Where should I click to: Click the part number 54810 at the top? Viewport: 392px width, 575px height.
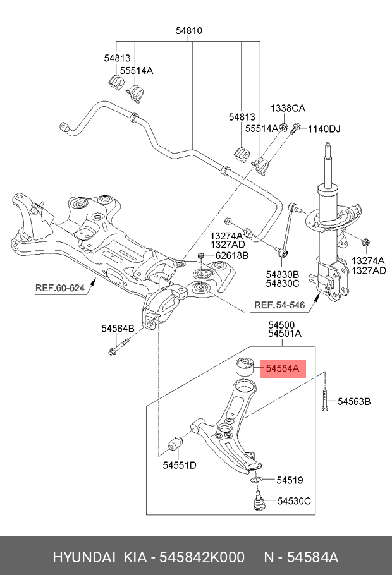189,30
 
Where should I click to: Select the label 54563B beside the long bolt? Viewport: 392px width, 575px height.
353,401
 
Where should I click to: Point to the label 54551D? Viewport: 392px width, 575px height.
180,466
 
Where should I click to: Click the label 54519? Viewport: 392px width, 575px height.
290,481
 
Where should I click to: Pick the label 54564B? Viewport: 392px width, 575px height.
118,329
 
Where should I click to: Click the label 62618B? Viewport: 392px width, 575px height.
232,256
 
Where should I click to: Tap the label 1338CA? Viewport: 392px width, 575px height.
288,108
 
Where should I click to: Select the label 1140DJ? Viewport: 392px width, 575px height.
324,130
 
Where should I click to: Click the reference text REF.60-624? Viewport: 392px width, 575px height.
59,288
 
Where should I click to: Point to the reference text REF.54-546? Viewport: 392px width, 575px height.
279,305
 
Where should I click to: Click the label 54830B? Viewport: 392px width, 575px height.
282,274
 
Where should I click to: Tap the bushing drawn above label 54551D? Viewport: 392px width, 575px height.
175,444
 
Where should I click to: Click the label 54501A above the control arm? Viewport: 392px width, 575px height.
284,334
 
